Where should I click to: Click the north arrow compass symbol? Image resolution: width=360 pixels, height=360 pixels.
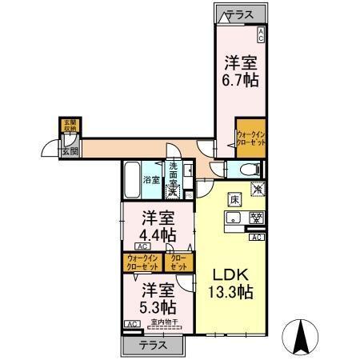pyautogui.click(x=302, y=336)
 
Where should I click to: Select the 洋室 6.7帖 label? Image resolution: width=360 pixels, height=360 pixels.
pyautogui.click(x=239, y=71)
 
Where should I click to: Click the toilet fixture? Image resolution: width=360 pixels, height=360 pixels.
pyautogui.click(x=245, y=169)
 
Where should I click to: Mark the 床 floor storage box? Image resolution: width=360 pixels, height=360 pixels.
pyautogui.click(x=235, y=199)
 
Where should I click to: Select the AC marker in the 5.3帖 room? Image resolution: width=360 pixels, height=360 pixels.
pyautogui.click(x=130, y=324)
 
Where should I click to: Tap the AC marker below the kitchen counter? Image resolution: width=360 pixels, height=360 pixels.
pyautogui.click(x=257, y=238)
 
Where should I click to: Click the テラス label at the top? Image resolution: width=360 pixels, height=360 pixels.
pyautogui.click(x=239, y=14)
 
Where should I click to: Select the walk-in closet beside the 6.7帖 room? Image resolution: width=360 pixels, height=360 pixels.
pyautogui.click(x=251, y=136)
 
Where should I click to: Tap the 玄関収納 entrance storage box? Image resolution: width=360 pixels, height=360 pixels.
pyautogui.click(x=70, y=125)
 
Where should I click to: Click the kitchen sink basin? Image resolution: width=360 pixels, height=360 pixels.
pyautogui.click(x=234, y=217)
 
